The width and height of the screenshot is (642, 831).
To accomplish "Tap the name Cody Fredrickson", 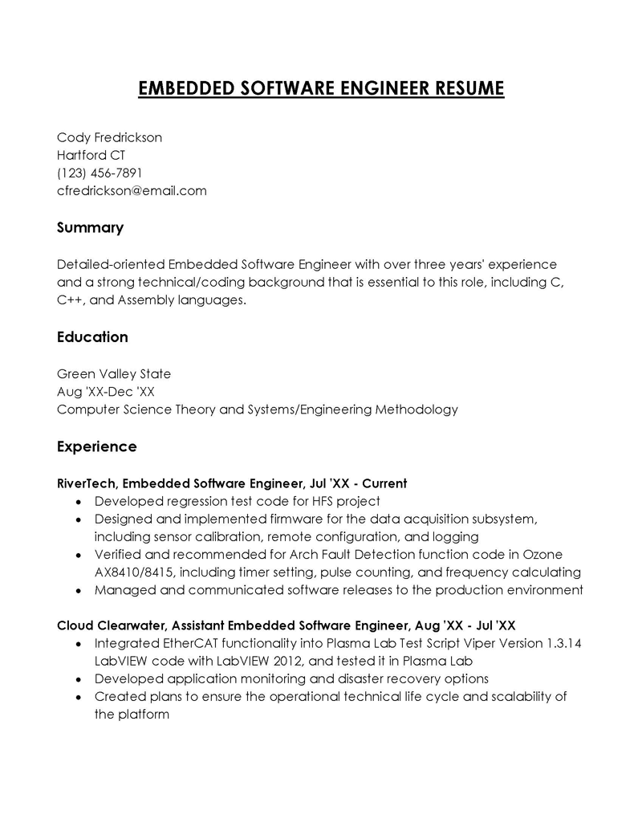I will [x=109, y=137].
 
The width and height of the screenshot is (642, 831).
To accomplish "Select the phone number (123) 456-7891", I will [x=100, y=173].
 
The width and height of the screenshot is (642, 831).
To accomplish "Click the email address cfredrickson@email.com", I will [x=132, y=191].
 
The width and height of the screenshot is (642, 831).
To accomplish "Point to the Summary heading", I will [x=90, y=228].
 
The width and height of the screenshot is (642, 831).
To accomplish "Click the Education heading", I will [x=92, y=337].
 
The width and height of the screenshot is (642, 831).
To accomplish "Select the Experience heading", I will [x=96, y=446].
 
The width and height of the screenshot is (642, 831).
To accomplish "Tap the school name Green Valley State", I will [x=114, y=374].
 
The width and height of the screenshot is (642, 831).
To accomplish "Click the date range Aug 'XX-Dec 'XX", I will [x=106, y=392].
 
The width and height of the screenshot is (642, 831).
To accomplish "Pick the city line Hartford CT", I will [x=91, y=155].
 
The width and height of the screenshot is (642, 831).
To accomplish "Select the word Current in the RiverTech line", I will [x=384, y=483].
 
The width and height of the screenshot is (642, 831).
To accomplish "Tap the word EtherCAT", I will [x=185, y=644].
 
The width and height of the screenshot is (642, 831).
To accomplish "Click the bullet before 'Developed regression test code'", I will [x=77, y=502].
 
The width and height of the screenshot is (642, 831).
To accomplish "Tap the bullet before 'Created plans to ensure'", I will [x=77, y=697].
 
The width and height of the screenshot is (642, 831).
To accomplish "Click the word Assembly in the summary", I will [x=145, y=300].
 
